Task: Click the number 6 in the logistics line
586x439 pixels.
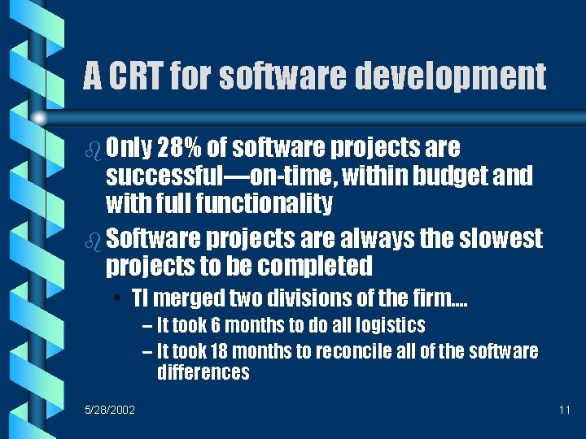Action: click(216, 326)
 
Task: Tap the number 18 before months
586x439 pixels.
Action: click(219, 351)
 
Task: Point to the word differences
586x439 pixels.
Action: click(203, 372)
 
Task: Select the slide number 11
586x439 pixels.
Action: click(564, 410)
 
